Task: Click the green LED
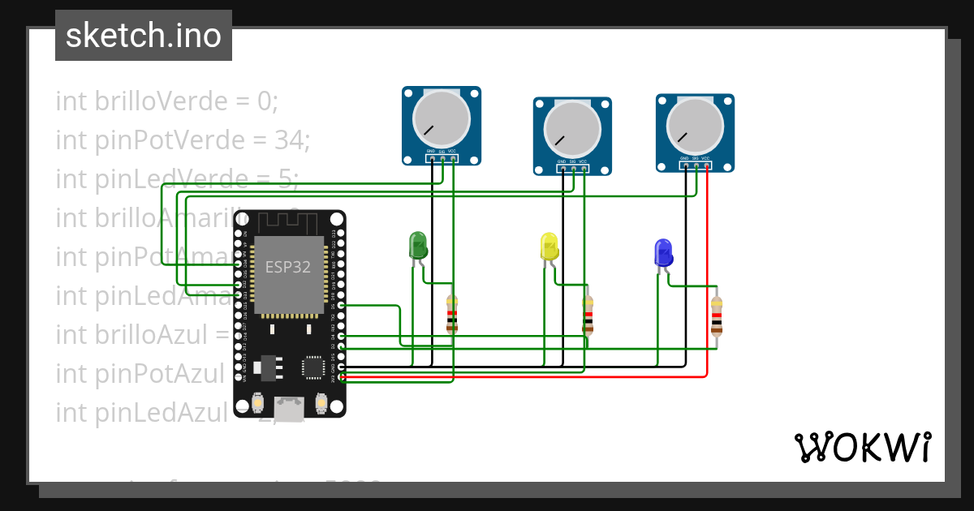[x=418, y=246]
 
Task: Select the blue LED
[x=663, y=252]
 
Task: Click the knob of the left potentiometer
[x=441, y=118]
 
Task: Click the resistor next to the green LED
[x=452, y=315]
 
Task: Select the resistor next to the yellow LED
[x=588, y=316]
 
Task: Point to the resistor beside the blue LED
[x=717, y=316]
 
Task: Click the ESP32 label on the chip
[x=288, y=267]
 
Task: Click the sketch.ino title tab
[x=144, y=36]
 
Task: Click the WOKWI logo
[x=862, y=447]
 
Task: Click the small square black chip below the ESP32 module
[x=313, y=367]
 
